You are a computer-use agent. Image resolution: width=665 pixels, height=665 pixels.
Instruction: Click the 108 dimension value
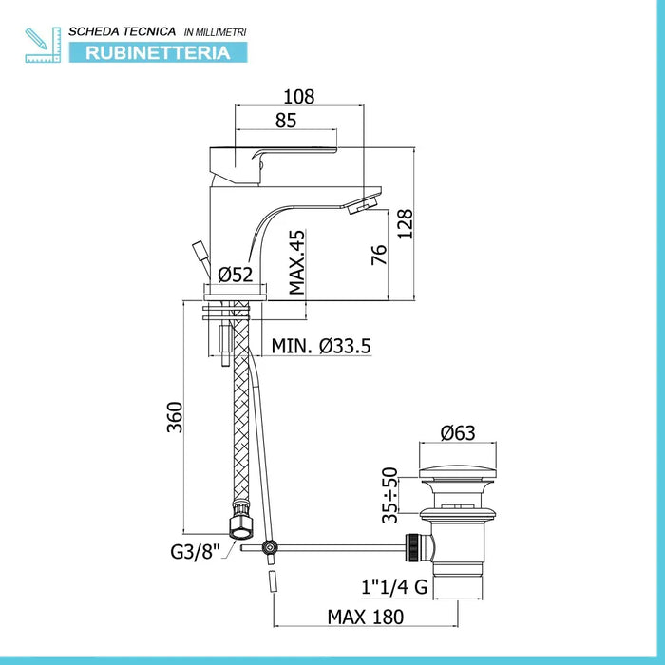pyautogui.click(x=298, y=97)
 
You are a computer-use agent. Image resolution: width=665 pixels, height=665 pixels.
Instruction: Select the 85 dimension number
pyautogui.click(x=285, y=121)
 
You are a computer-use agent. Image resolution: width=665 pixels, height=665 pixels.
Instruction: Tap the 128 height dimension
pyautogui.click(x=405, y=224)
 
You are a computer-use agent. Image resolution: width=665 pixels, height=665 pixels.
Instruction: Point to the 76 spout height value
pyautogui.click(x=379, y=255)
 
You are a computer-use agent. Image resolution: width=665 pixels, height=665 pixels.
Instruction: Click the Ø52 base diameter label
pyautogui.click(x=236, y=275)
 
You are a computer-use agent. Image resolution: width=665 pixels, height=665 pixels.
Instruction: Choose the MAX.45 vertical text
pyautogui.click(x=296, y=262)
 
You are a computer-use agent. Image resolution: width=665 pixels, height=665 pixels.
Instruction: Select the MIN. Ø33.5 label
pyautogui.click(x=321, y=346)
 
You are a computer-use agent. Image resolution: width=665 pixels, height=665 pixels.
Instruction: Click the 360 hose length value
pyautogui.click(x=174, y=417)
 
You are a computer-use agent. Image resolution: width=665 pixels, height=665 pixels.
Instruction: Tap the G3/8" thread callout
pyautogui.click(x=196, y=551)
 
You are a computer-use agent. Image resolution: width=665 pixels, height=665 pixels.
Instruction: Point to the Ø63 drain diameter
pyautogui.click(x=458, y=432)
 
